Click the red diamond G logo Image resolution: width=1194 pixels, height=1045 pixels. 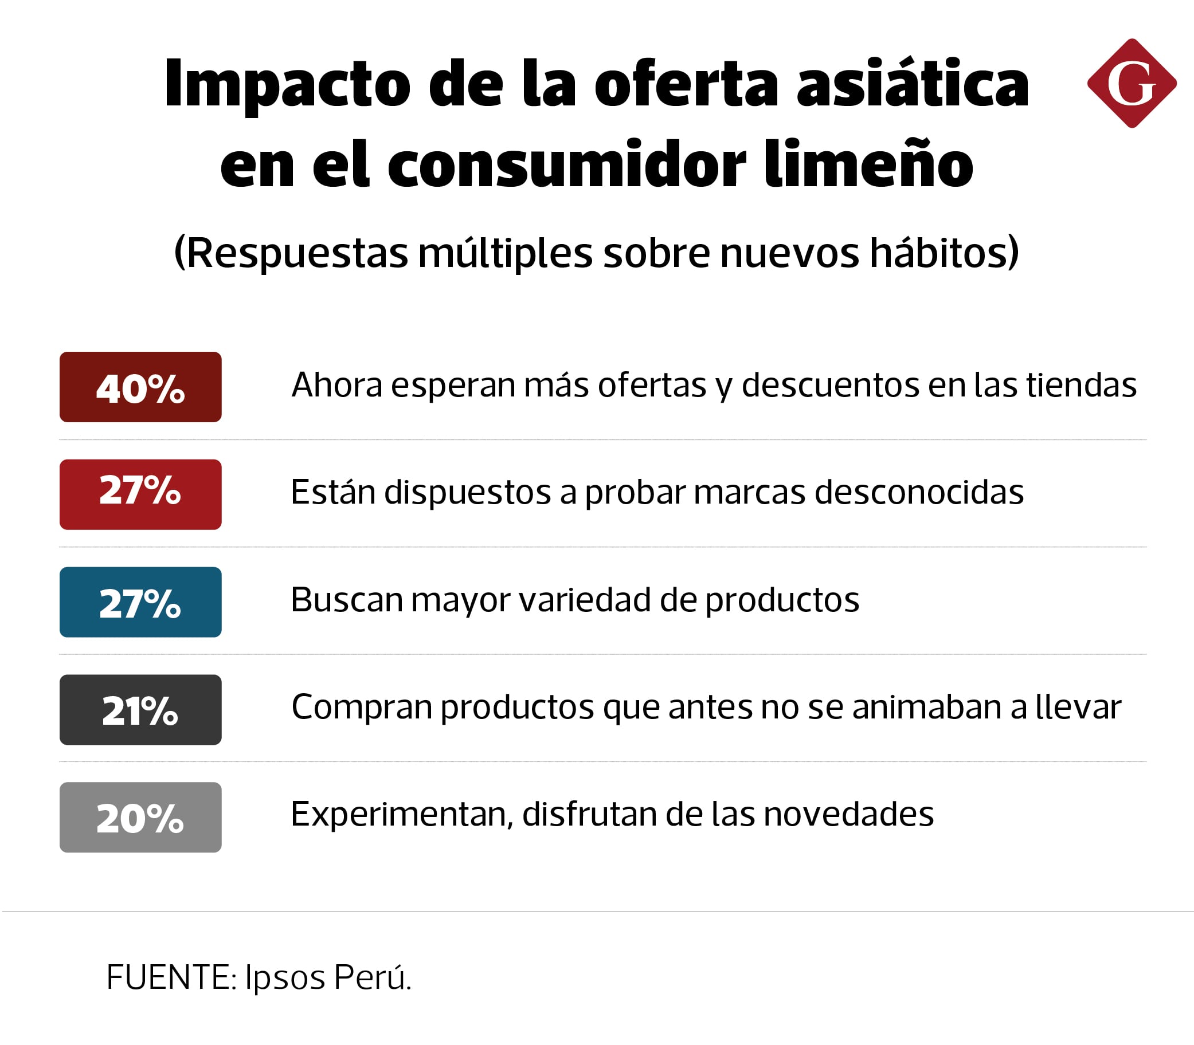click(x=1131, y=84)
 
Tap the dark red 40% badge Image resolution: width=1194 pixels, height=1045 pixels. click(x=140, y=387)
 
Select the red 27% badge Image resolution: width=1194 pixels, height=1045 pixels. click(x=140, y=494)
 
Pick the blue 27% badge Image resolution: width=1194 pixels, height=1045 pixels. click(x=140, y=602)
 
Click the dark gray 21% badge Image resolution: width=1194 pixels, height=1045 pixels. click(x=140, y=710)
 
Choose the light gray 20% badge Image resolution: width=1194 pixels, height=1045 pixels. click(x=140, y=817)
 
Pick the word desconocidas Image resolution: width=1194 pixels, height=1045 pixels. click(x=919, y=492)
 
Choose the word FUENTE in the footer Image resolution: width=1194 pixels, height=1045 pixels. click(x=170, y=977)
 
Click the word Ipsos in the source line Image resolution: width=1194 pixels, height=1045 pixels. click(x=285, y=977)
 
